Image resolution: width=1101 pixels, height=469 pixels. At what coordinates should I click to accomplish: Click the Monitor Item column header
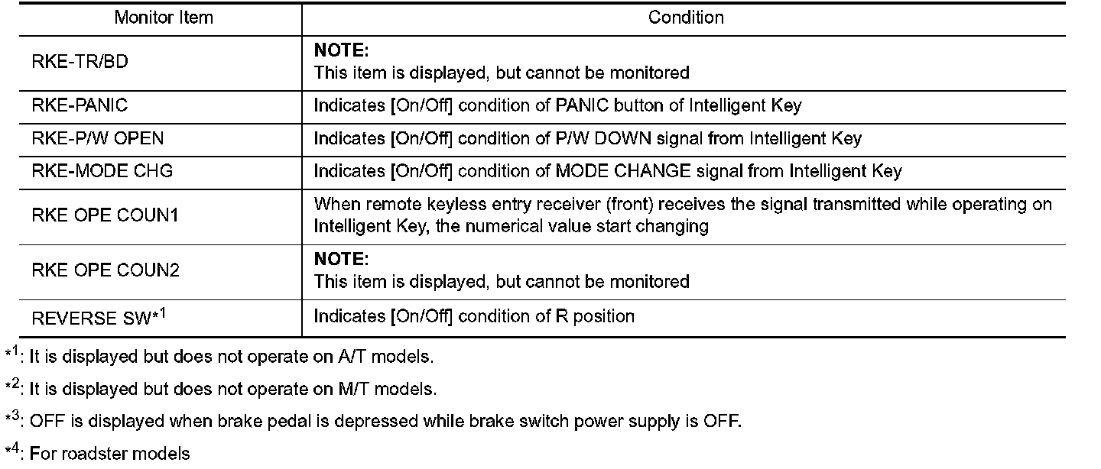[x=164, y=18]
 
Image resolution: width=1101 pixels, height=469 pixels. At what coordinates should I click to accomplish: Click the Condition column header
[x=686, y=18]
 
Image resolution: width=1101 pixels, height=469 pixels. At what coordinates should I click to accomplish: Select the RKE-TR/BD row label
[x=80, y=63]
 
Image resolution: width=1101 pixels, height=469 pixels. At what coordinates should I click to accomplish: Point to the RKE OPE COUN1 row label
[x=106, y=215]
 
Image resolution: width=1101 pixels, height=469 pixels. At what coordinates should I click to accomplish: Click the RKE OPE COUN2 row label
[x=106, y=270]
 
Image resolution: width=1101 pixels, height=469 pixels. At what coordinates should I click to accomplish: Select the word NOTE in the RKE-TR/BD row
[x=341, y=51]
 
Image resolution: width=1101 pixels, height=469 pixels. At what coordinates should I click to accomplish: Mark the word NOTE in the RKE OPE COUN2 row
[x=341, y=260]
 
